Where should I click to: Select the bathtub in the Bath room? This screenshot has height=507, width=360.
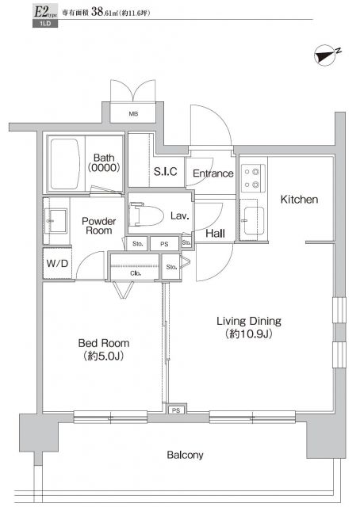(x=67, y=163)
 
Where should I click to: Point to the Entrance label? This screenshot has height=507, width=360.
(x=212, y=173)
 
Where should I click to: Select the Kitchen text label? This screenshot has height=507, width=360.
(x=299, y=200)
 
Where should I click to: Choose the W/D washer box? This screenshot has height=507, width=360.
(x=56, y=263)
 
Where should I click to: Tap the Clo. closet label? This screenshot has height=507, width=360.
(x=136, y=273)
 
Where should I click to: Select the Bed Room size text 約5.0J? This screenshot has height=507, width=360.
(x=104, y=356)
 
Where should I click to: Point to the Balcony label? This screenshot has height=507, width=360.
(x=185, y=455)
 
